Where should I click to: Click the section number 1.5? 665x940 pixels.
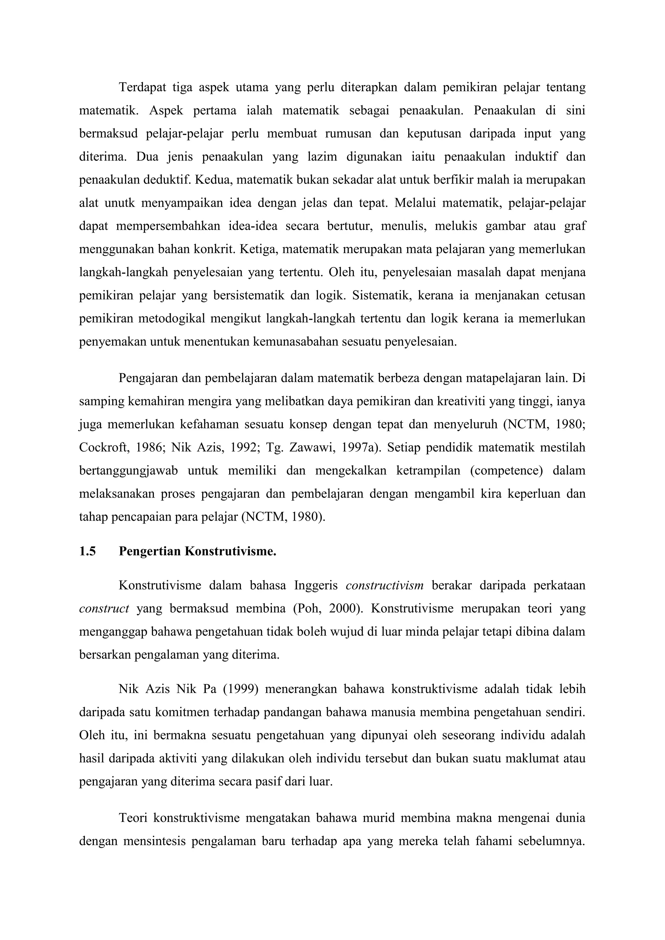[87, 551]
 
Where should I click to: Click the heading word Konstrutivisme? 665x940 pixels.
[231, 551]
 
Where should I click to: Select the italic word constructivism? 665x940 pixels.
[384, 586]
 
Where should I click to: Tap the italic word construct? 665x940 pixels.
[104, 609]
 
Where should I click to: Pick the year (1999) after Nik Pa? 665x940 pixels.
[240, 689]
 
